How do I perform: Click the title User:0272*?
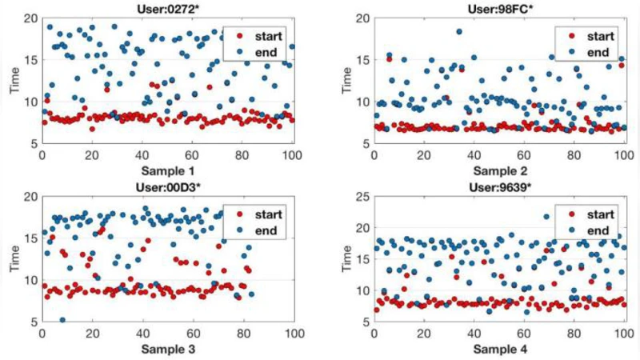[168, 8]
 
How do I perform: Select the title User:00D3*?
[168, 186]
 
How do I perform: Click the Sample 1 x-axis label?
[168, 170]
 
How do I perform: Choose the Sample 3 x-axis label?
[168, 350]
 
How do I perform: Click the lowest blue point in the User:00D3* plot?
[62, 320]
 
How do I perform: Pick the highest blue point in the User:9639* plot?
[546, 216]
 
